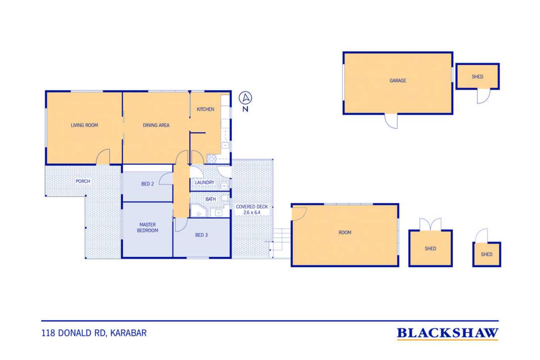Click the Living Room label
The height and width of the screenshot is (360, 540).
pos(84,125)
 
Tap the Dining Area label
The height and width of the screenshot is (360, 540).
pos(156,125)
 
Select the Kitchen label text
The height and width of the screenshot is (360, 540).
pos(205,109)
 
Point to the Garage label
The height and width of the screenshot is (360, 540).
pos(398,81)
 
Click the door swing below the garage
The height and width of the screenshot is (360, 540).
pos(391,121)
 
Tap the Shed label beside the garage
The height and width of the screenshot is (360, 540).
pos(477,77)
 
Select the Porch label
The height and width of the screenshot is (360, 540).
pos(83,181)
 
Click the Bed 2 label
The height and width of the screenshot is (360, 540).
pos(147,184)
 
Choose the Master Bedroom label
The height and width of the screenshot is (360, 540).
pos(148,227)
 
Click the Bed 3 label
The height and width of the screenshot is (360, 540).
pos(201,235)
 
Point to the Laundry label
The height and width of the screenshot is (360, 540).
pos(205,182)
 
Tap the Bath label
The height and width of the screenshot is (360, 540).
pos(211,199)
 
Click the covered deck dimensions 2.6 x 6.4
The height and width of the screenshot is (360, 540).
pos(252,212)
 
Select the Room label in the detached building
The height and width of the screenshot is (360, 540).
pos(345,233)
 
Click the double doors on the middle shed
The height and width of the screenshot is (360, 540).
pos(430,224)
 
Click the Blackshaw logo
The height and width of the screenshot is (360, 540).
pos(448,334)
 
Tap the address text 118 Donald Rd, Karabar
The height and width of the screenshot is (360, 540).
pos(94,333)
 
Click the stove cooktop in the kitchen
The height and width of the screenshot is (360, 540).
pos(211,159)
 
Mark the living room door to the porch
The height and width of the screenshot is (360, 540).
pos(103,157)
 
